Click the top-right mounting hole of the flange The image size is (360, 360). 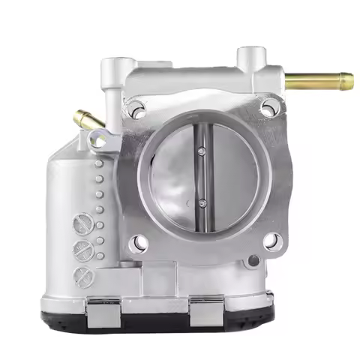268,108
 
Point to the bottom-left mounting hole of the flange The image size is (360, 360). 137,243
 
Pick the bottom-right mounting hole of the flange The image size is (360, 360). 272,241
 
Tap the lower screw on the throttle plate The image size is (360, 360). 202,202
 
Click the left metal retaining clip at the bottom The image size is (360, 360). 103,309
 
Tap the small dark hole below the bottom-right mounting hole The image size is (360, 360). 254,261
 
